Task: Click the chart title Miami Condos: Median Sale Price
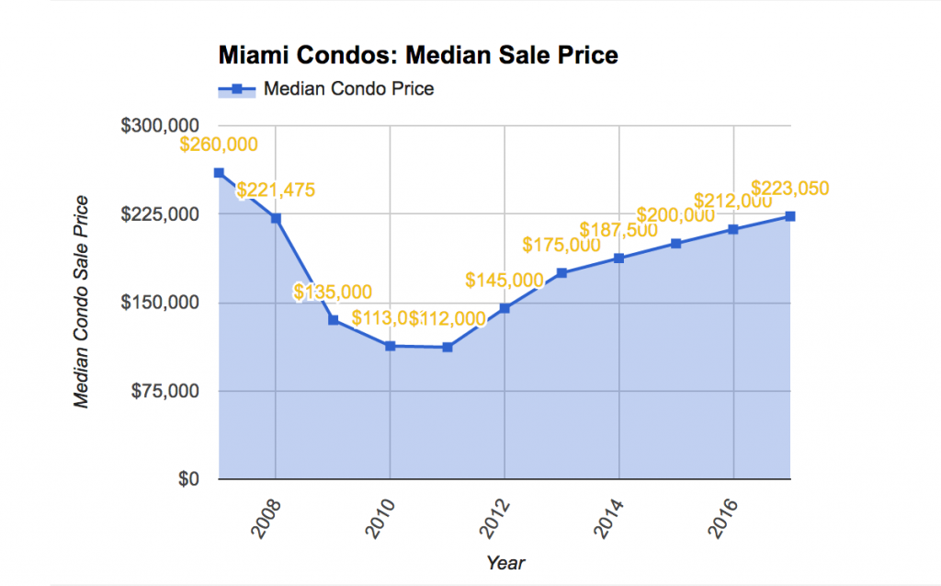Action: click(418, 55)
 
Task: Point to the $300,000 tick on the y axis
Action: click(161, 126)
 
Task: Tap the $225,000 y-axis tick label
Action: click(161, 214)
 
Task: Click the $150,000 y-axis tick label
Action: click(161, 303)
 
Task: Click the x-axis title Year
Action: click(505, 562)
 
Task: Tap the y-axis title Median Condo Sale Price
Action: click(82, 303)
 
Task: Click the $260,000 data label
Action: click(219, 144)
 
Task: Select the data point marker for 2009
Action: click(333, 320)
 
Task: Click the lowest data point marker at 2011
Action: click(448, 347)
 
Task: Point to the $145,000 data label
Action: click(505, 280)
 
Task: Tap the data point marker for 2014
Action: click(619, 259)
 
